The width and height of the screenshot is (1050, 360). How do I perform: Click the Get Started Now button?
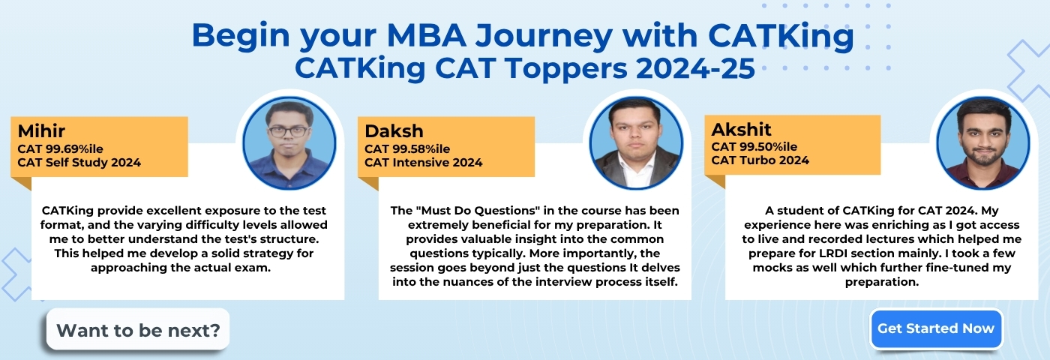tap(936, 328)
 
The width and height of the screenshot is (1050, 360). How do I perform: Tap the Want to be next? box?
tap(138, 329)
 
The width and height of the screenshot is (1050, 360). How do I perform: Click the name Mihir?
tap(41, 130)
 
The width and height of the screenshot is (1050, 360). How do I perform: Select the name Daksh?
tap(394, 130)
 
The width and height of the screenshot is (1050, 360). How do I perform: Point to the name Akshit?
tap(741, 129)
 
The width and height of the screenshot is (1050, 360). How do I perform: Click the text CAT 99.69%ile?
tap(61, 148)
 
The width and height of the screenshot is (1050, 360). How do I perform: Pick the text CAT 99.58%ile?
tap(407, 148)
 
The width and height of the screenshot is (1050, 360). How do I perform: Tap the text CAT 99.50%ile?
tap(754, 147)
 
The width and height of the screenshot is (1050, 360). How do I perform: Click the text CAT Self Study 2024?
tap(79, 162)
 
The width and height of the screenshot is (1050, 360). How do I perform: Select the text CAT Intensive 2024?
tap(423, 162)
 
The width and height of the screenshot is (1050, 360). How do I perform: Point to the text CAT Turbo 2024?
tap(760, 160)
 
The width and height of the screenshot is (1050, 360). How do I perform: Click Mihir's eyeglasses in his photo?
tap(288, 132)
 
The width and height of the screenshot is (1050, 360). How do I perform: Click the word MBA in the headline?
tap(427, 35)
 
